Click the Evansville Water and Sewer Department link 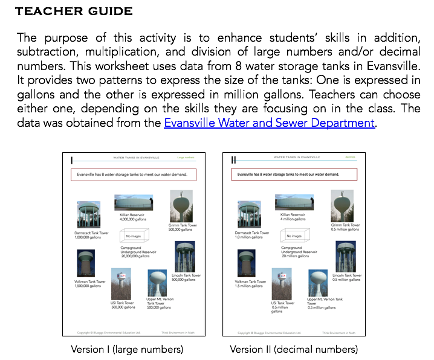(x=269, y=123)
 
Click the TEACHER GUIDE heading (x=74, y=11)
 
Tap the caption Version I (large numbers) (x=127, y=349)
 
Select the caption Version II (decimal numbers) (x=294, y=349)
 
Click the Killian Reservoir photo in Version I (x=134, y=202)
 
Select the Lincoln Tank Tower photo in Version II (x=346, y=256)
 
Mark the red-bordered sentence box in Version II (x=294, y=174)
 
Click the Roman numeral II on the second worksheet (x=233, y=159)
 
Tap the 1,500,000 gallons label (x=88, y=286)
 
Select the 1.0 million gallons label (x=249, y=237)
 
